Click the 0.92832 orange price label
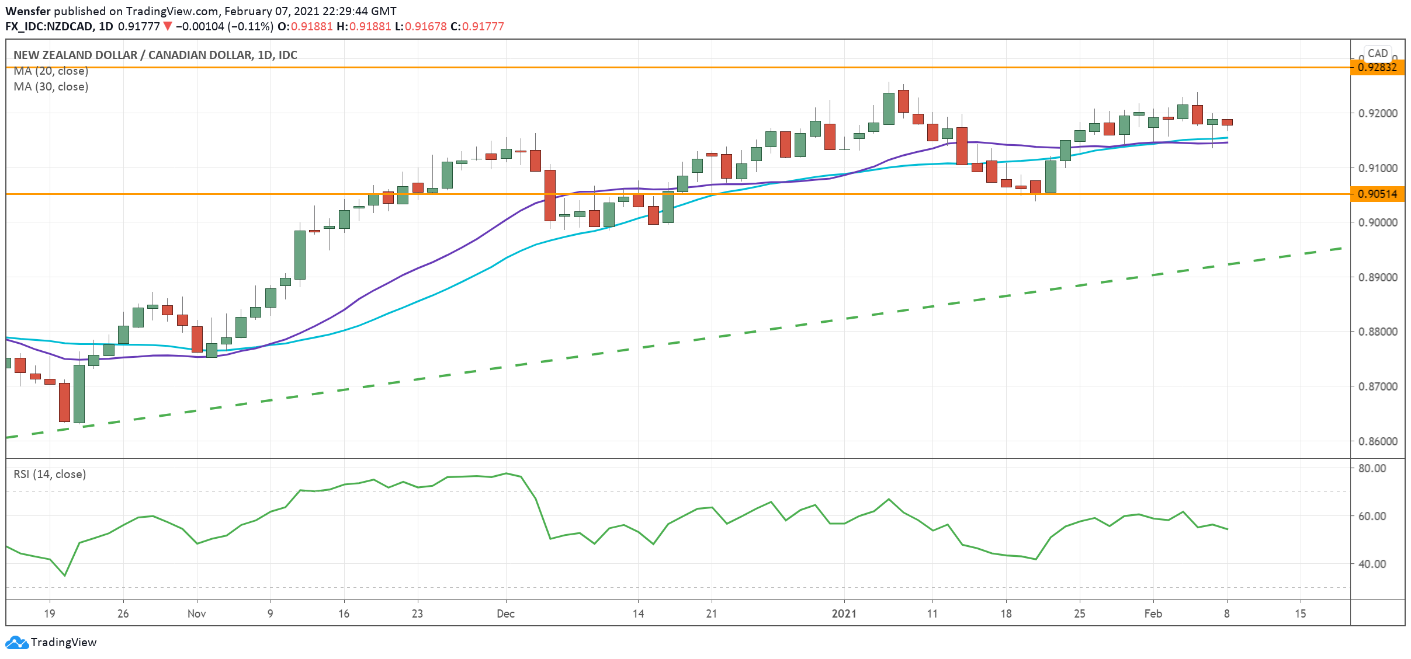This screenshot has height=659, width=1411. pos(1377,67)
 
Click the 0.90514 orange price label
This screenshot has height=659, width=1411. pos(1377,194)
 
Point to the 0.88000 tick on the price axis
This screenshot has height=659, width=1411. pos(1378,332)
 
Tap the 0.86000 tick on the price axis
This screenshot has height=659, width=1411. pos(1378,441)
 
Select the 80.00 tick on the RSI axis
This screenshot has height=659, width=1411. pos(1372,468)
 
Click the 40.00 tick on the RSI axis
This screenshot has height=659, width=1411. pos(1372,564)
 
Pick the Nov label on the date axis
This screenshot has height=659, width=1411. pos(197,613)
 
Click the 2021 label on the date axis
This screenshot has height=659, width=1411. pos(844,613)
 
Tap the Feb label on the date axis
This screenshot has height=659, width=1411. pos(1153,613)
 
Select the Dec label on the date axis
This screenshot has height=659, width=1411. pos(505,613)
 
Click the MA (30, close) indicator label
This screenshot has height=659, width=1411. pos(51,86)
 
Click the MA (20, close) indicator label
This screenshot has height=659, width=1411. pos(51,71)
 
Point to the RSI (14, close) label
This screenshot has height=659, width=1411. pos(50,474)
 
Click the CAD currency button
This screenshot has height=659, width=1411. pos(1377,53)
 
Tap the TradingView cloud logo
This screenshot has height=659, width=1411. pos(16,643)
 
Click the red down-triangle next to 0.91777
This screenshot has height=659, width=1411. pos(168,26)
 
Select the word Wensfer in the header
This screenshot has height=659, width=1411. pos(27,11)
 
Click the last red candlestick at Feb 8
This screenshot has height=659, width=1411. pos(1227,122)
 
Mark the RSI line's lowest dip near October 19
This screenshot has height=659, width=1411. pos(65,576)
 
